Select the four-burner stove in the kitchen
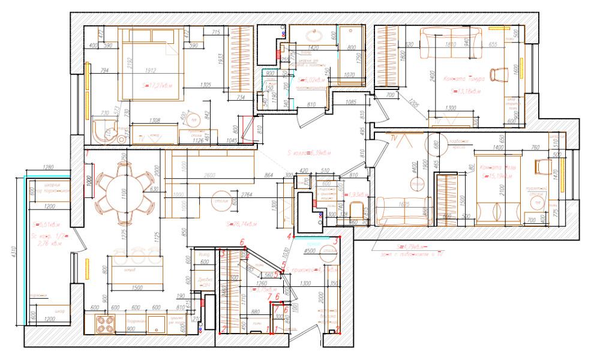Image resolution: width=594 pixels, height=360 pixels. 106,325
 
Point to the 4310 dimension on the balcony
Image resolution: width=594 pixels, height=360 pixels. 13,252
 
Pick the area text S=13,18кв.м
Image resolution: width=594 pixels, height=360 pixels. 466,91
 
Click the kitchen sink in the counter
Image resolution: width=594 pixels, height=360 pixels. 157,325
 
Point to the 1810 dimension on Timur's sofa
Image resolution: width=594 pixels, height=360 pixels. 451,44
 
